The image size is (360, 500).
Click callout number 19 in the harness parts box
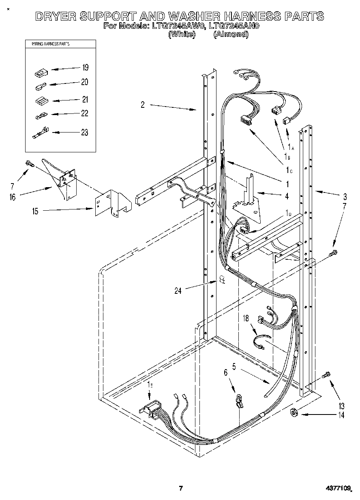[x=85, y=68]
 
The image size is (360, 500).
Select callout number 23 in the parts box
[x=84, y=132]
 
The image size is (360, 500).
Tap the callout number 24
[x=178, y=290]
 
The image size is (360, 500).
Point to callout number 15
[x=36, y=211]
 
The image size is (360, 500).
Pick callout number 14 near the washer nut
[x=341, y=415]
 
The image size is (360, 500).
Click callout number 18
[x=246, y=319]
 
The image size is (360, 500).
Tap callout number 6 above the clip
[x=226, y=372]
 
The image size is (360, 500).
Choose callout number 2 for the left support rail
[x=143, y=105]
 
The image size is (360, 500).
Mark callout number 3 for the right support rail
[x=345, y=197]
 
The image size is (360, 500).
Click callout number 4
[x=287, y=196]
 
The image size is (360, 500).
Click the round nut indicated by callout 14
[x=295, y=413]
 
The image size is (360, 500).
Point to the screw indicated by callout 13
[x=326, y=376]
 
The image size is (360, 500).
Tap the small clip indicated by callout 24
[x=222, y=279]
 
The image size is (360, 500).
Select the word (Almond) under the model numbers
[x=231, y=34]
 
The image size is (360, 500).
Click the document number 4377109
[x=339, y=489]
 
